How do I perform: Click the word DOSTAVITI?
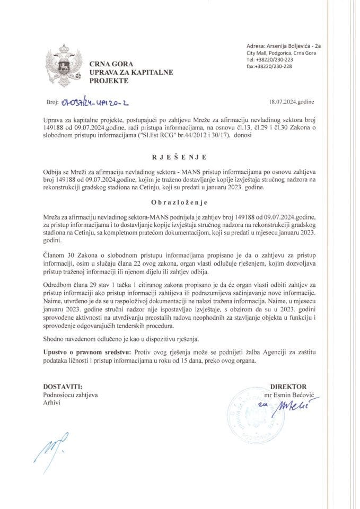63,387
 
